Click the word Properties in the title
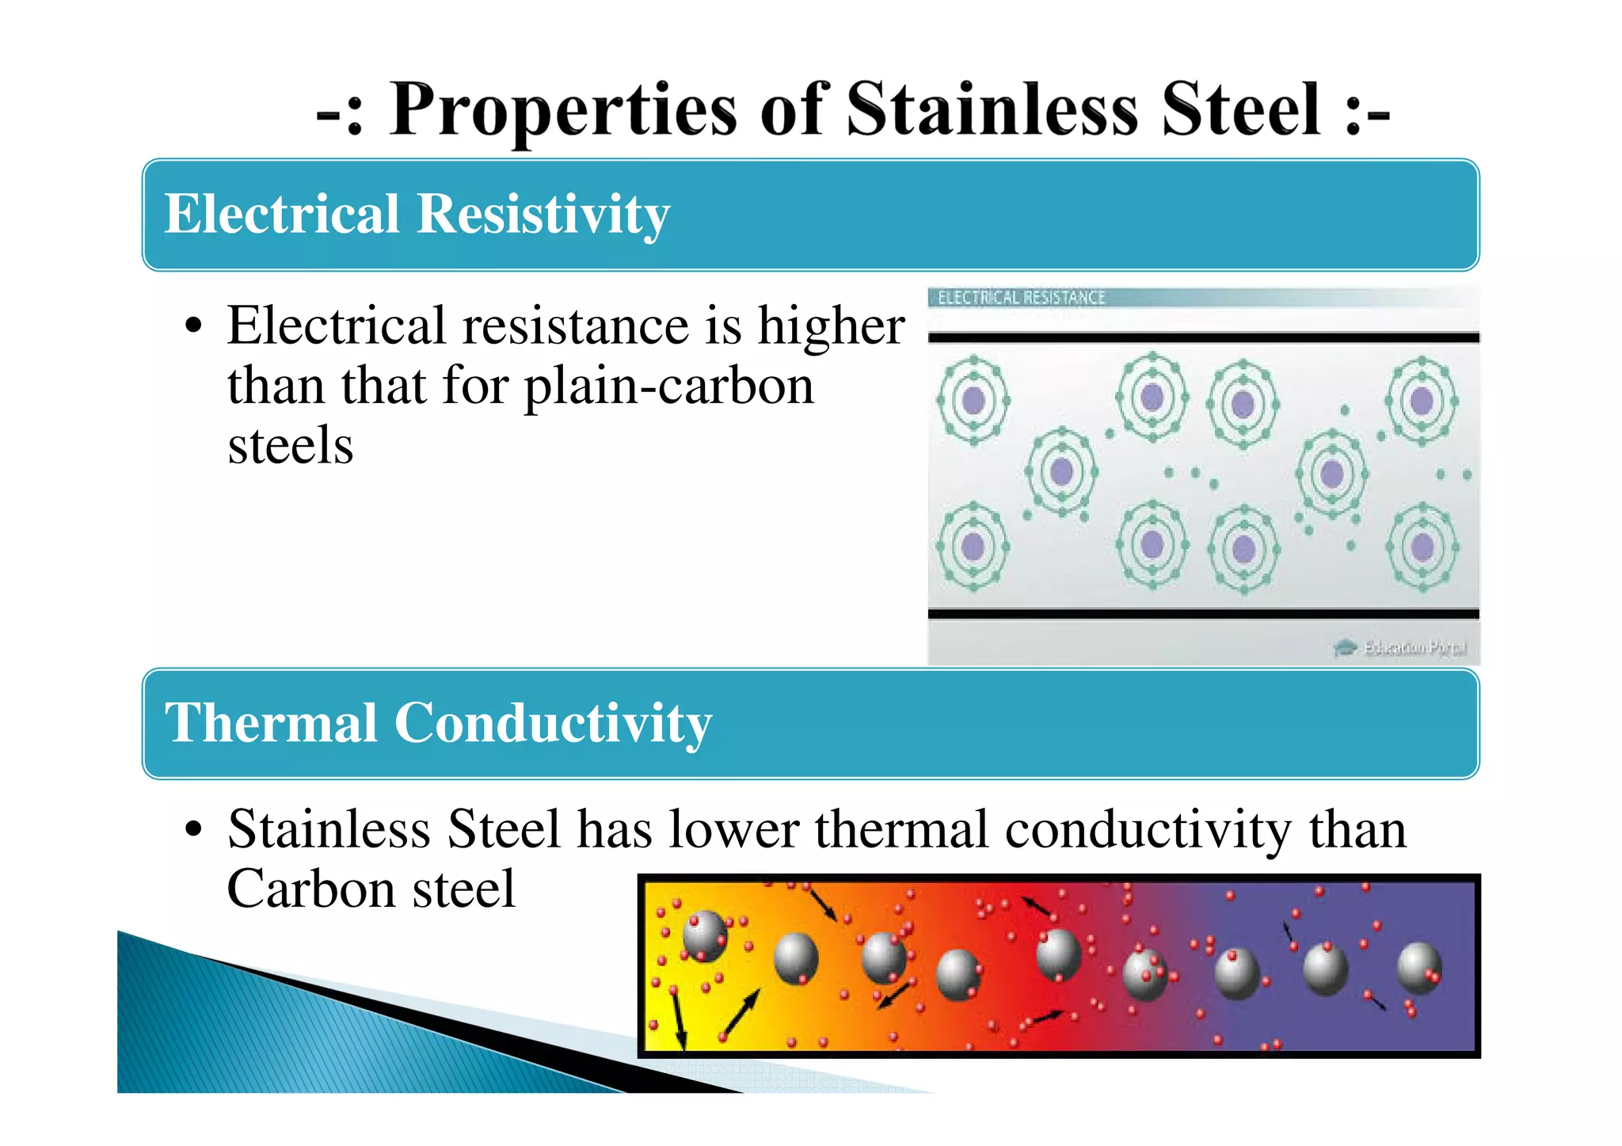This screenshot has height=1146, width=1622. pyautogui.click(x=562, y=111)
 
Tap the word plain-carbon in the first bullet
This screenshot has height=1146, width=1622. pyautogui.click(x=668, y=386)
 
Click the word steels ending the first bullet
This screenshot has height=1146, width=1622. pyautogui.click(x=290, y=445)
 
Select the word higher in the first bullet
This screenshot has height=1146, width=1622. pyautogui.click(x=831, y=326)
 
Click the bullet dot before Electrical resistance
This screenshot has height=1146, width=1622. pyautogui.click(x=193, y=326)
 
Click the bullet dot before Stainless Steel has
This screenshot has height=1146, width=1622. pyautogui.click(x=193, y=830)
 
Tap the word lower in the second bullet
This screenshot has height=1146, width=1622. pyautogui.click(x=733, y=830)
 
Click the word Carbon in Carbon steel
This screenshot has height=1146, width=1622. pyautogui.click(x=311, y=889)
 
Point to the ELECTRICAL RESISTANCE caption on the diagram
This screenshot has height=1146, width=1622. pyautogui.click(x=1021, y=298)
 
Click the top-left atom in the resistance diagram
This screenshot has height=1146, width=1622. pyautogui.click(x=973, y=400)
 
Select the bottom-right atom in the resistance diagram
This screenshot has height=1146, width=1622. pyautogui.click(x=1422, y=546)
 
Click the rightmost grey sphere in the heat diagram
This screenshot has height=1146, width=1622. pyautogui.click(x=1418, y=968)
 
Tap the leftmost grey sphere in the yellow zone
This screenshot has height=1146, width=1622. pyautogui.click(x=704, y=935)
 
